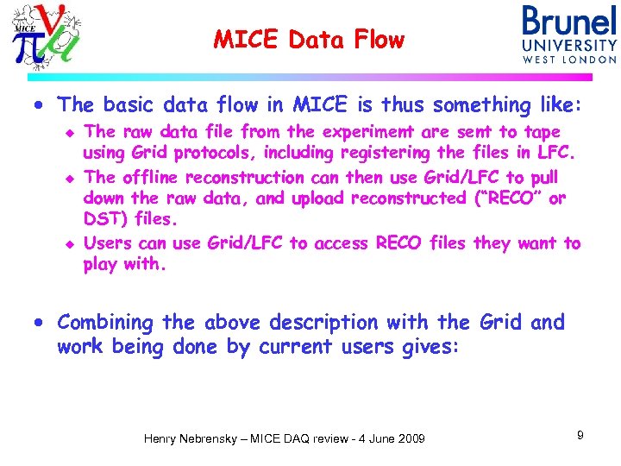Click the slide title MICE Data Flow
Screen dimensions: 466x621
[x=309, y=39]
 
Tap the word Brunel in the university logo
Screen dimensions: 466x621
[x=569, y=22]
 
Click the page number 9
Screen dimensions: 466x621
[x=580, y=435]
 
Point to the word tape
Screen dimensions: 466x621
[x=542, y=132]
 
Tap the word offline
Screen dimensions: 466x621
[x=152, y=177]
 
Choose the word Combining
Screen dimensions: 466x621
[x=105, y=323]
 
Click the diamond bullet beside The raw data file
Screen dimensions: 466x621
[x=72, y=133]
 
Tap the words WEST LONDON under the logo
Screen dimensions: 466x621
[x=569, y=60]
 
